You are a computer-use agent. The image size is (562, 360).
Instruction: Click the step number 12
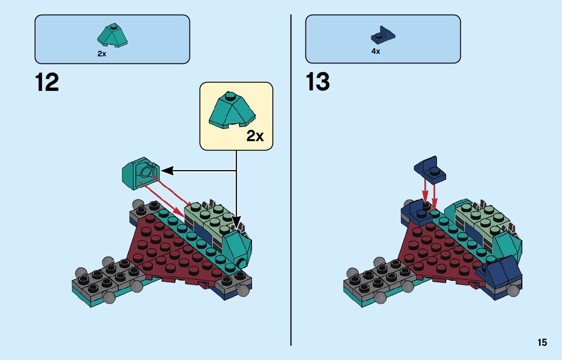[x=47, y=82]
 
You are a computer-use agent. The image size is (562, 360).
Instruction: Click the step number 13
[x=318, y=82]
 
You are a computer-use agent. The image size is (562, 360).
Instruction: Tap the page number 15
[x=542, y=343]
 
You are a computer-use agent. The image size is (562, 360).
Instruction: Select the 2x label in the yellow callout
[x=255, y=136]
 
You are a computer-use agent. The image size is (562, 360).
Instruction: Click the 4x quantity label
[x=376, y=51]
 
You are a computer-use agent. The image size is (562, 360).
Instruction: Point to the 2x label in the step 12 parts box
[x=102, y=54]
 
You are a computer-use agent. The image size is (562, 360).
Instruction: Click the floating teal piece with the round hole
[x=140, y=173]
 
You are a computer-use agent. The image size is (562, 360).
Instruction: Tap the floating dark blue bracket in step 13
[x=430, y=169]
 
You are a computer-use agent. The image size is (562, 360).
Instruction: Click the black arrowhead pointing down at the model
[x=236, y=222]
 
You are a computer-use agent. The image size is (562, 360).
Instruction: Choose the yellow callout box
[x=236, y=116]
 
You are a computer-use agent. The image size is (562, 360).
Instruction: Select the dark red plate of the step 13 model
[x=437, y=249]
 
